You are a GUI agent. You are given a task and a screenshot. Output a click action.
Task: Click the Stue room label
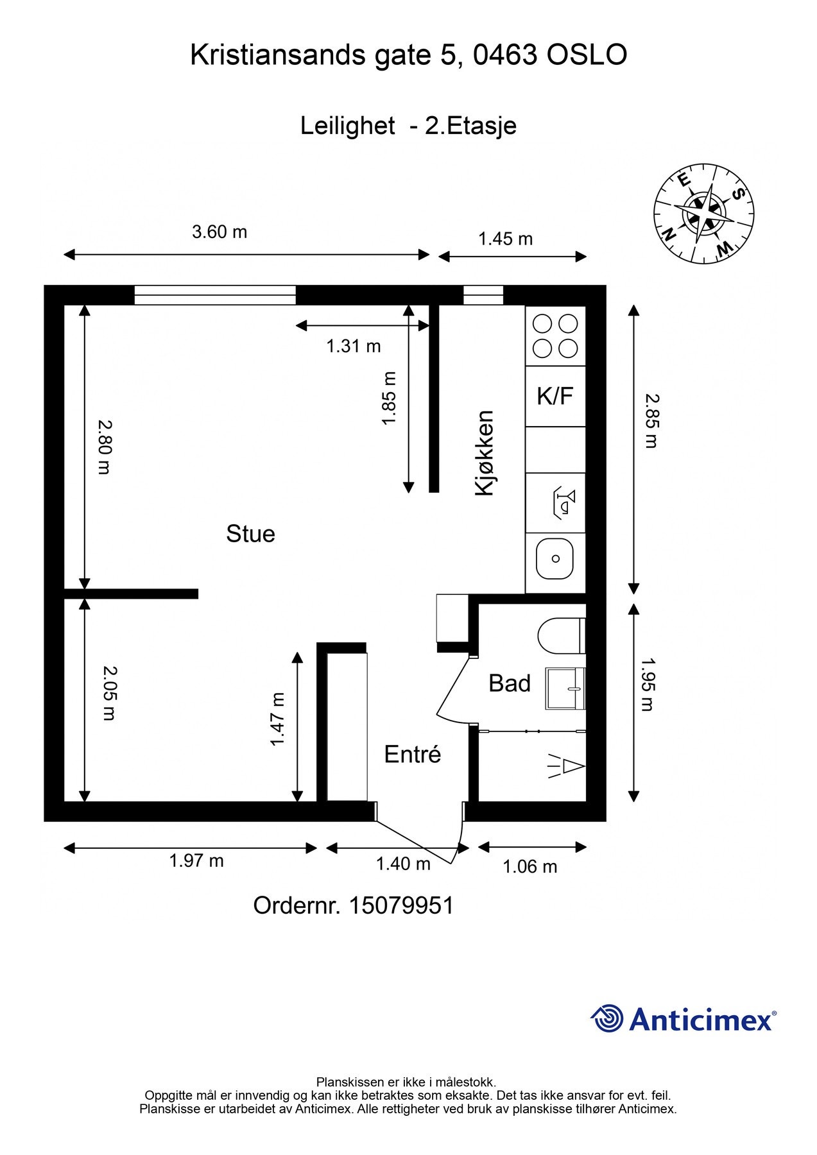(250, 534)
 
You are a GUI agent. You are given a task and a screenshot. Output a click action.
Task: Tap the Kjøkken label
(485, 453)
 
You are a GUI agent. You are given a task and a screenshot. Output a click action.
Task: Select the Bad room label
(510, 683)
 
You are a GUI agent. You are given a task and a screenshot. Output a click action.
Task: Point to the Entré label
(413, 754)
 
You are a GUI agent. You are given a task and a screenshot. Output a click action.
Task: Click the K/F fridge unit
(555, 397)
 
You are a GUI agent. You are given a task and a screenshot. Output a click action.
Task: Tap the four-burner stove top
(556, 336)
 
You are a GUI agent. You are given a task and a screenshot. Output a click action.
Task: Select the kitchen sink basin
(555, 559)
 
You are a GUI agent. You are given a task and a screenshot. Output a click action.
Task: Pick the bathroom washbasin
(565, 688)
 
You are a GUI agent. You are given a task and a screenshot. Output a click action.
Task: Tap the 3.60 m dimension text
(219, 232)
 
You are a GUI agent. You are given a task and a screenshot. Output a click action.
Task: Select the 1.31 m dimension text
(354, 346)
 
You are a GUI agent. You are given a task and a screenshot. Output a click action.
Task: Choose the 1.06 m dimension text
(529, 867)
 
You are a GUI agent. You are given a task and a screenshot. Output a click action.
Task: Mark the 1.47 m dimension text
(277, 719)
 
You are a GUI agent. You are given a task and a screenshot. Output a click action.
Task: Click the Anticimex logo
(684, 1019)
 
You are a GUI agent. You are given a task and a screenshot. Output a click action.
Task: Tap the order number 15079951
(401, 905)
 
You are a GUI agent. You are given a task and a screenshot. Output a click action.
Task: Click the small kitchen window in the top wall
(483, 295)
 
